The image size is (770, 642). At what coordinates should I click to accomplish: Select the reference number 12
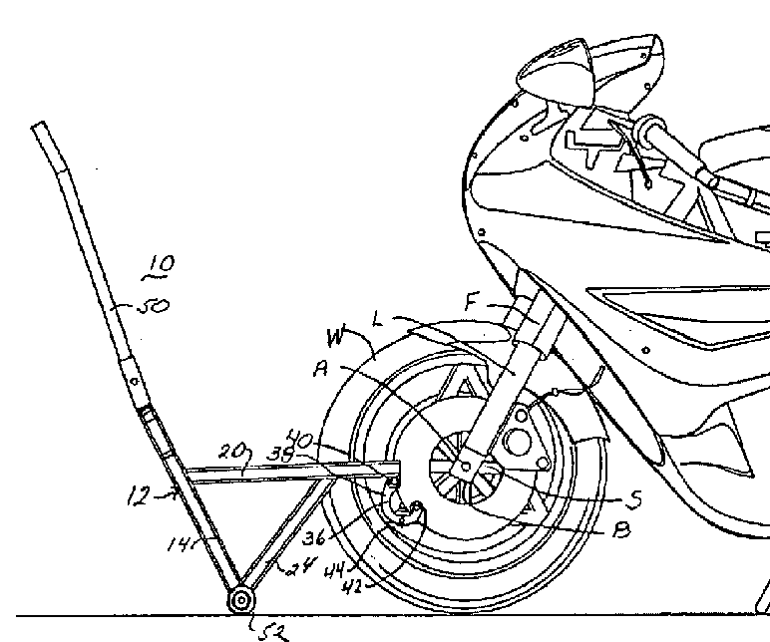tap(139, 493)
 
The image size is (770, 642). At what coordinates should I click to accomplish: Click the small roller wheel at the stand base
tap(240, 600)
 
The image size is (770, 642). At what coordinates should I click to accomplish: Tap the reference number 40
tap(299, 436)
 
